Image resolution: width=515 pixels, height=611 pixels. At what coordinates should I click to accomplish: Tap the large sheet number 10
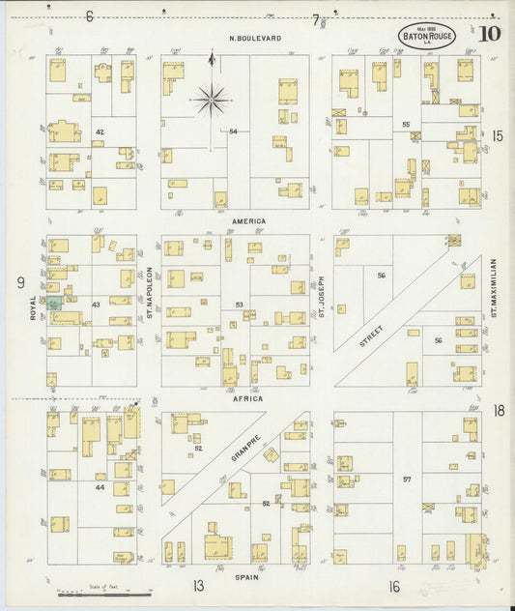pos(490,34)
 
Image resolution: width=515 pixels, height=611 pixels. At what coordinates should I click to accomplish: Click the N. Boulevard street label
pos(255,39)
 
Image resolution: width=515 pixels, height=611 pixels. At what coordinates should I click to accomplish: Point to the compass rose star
pos(211,98)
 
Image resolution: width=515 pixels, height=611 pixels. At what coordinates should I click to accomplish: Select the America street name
pos(248,220)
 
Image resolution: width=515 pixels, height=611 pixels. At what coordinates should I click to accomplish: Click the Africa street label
pos(248,397)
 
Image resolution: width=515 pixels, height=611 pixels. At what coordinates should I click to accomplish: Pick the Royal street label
pos(33,307)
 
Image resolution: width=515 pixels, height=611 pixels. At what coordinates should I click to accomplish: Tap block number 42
pos(99,131)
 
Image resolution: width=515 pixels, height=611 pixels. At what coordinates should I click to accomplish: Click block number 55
pos(406,125)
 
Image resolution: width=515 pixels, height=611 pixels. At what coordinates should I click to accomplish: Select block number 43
pos(96,305)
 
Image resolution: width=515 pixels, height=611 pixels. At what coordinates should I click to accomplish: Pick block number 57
pos(407,480)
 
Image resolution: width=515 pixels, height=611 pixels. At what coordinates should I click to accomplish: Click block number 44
pos(99,487)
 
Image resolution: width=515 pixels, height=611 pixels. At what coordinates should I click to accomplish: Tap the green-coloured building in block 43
pos(54,303)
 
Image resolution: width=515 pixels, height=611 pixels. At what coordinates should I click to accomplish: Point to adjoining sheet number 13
pos(198,585)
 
